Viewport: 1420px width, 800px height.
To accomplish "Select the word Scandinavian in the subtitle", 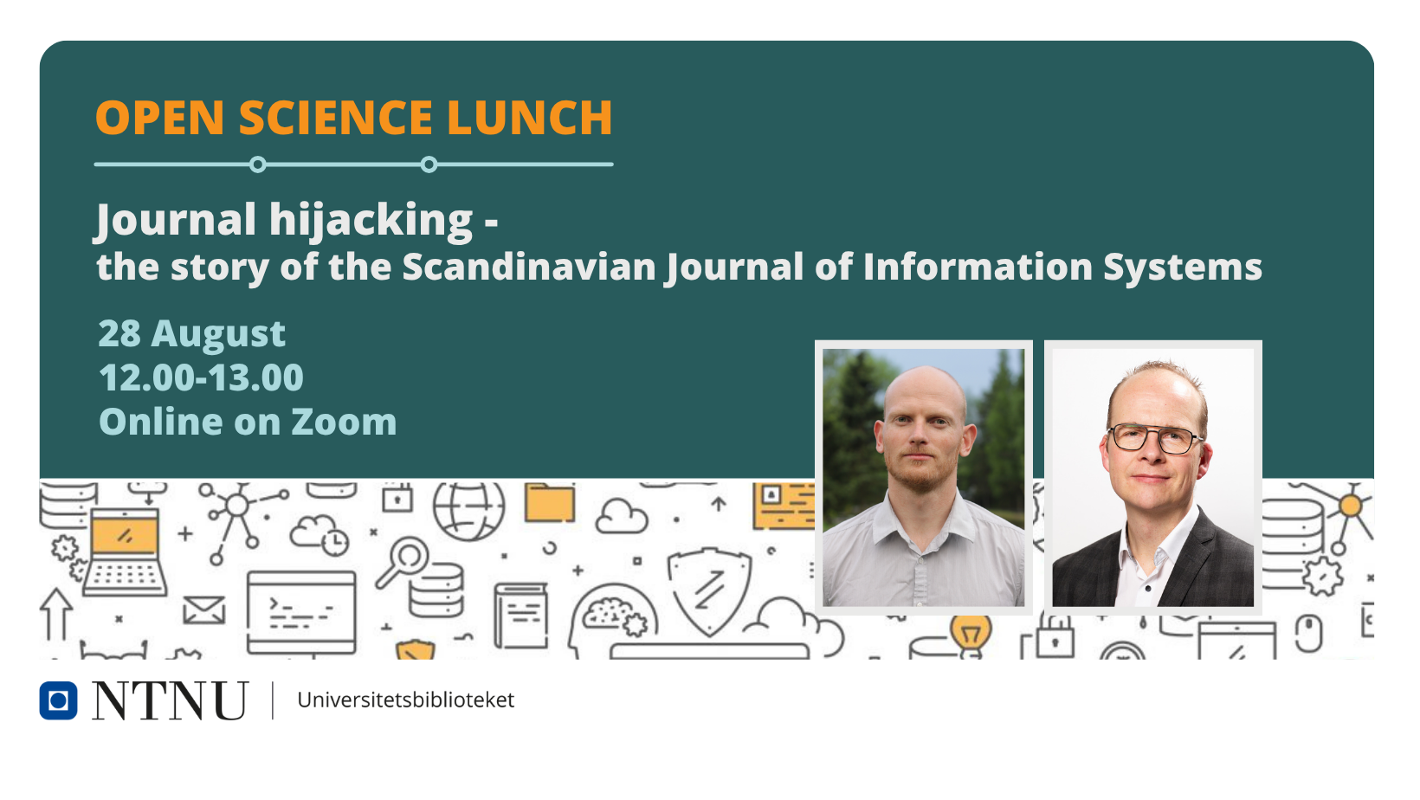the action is coord(529,267).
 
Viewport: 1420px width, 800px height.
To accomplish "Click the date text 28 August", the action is coord(191,334).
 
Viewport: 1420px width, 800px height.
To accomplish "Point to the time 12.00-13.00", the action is coord(201,377).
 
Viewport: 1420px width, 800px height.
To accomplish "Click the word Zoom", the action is coord(345,423).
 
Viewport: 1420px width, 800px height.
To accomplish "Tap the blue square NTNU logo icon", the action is coord(58,700).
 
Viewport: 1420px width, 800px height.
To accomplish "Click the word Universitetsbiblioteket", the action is coord(406,700).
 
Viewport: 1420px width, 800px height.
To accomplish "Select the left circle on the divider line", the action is coord(257,165).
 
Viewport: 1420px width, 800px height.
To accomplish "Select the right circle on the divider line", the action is coord(429,165).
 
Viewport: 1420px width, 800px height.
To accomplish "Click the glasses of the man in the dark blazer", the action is coord(1153,439).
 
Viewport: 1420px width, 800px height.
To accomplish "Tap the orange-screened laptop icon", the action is coord(125,552).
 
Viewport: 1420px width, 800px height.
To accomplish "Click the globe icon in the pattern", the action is coord(469,509).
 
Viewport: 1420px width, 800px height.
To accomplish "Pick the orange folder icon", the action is coord(550,503).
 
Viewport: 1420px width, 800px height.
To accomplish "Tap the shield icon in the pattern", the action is coord(709,590).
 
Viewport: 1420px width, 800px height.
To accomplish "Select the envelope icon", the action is coord(204,610).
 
